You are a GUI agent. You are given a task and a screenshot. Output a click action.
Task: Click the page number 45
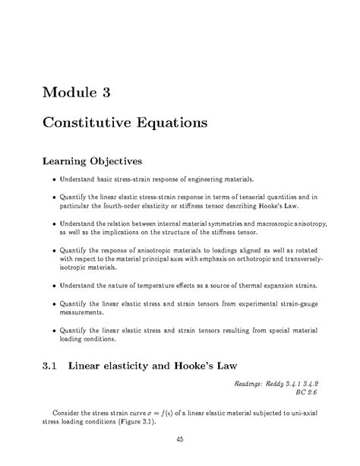click(x=179, y=438)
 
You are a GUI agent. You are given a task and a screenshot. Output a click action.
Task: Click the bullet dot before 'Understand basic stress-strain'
click(x=54, y=180)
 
